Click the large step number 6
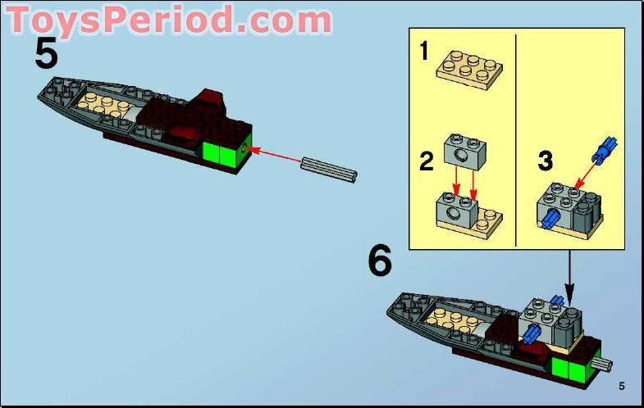click(x=379, y=261)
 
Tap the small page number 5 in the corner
click(x=622, y=386)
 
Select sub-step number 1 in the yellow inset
click(x=424, y=52)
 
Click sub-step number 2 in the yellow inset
click(x=426, y=160)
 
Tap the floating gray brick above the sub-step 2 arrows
click(x=464, y=149)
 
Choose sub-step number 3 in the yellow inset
click(x=545, y=160)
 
